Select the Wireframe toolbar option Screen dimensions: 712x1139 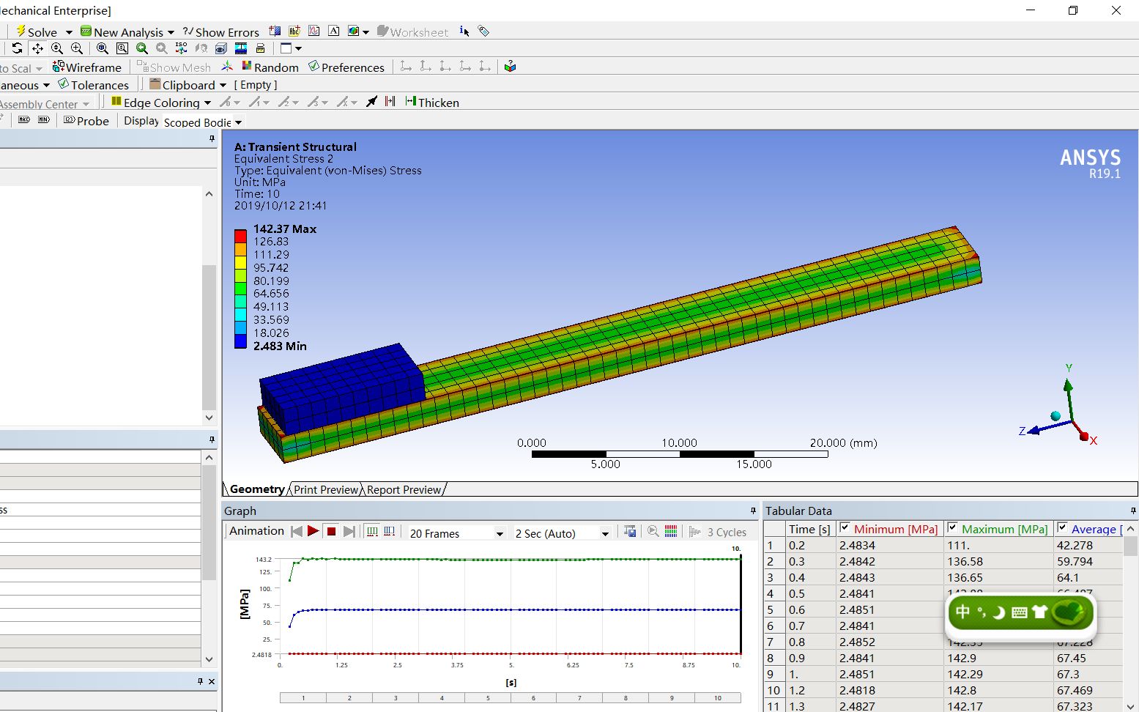[87, 67]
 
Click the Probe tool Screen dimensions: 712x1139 [86, 121]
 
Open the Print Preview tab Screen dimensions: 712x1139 [326, 489]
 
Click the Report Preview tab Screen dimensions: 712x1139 [404, 489]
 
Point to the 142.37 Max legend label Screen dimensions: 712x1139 [284, 229]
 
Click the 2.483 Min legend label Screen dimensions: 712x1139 [280, 346]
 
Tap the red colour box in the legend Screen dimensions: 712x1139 [240, 236]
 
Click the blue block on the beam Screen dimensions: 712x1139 [341, 388]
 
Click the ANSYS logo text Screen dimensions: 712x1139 [1090, 158]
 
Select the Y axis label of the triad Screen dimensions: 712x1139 [1069, 368]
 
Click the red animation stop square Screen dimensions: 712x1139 [331, 532]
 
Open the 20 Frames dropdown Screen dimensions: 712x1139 [456, 533]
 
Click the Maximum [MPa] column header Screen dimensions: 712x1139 [1003, 529]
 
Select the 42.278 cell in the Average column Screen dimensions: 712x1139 [1074, 545]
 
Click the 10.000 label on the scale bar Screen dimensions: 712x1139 [679, 442]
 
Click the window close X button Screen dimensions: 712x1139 [1116, 10]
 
